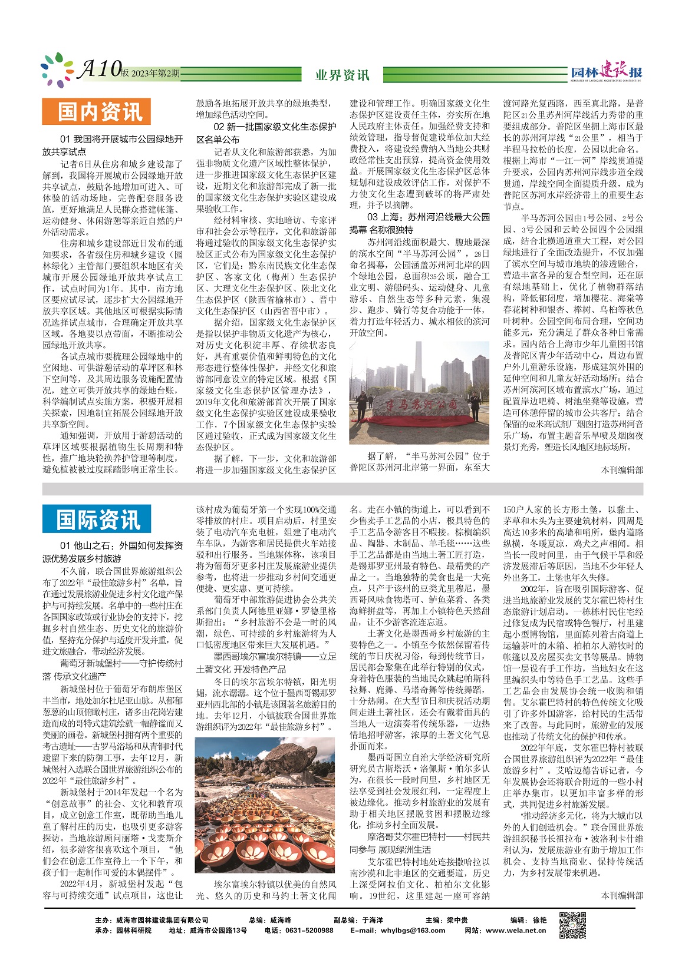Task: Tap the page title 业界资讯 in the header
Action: (x=342, y=75)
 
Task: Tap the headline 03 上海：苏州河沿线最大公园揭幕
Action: (x=420, y=223)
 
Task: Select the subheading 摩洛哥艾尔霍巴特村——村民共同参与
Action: (x=419, y=843)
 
